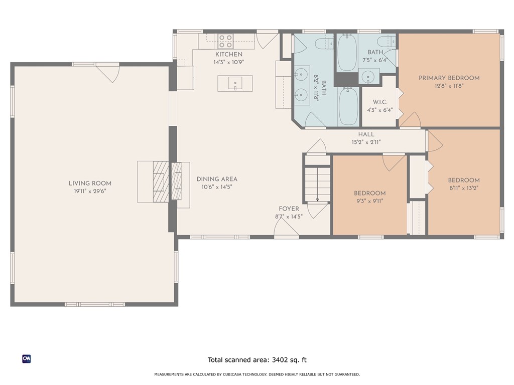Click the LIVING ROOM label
pos(90,183)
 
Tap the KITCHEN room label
pos(229,54)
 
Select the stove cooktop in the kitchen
pos(225,41)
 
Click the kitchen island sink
pos(235,83)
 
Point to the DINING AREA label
pos(217,179)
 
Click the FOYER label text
pos(289,209)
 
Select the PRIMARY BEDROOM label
pos(449,78)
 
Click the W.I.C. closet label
pos(380,102)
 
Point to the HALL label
pos(366,134)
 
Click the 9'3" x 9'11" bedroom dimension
pos(370,201)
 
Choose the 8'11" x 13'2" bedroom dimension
pos(464,188)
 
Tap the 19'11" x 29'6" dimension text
pos(90,191)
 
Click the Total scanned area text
pos(257,360)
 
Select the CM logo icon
pos(27,359)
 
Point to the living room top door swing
pos(108,74)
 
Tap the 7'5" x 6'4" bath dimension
pos(375,60)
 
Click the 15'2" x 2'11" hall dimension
pos(366,142)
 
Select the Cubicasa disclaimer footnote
pos(257,374)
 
